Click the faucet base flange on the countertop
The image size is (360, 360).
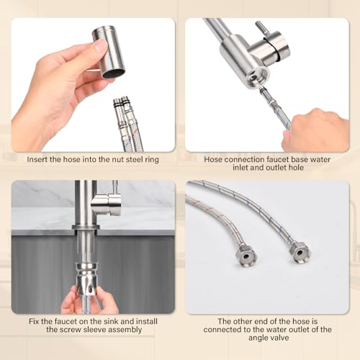[86, 228]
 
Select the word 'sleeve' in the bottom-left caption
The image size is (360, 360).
[99, 330]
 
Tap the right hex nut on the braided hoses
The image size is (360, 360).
[298, 251]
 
